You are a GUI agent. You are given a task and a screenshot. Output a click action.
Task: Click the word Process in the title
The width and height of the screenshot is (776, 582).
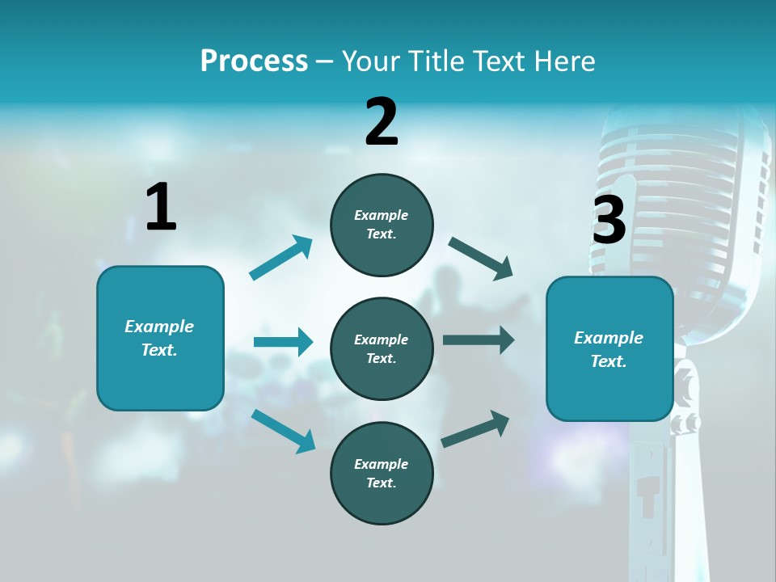coord(254,61)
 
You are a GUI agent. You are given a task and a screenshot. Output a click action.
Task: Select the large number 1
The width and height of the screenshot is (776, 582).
coord(161,207)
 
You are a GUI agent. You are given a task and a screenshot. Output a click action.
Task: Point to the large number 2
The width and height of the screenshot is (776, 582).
coord(382,122)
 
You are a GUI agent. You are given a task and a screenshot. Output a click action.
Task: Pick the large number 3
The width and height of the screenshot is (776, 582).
coord(609,220)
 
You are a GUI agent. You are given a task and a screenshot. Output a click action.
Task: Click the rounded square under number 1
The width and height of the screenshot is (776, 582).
coord(160,338)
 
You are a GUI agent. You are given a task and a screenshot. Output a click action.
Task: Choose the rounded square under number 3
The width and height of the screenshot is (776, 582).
coord(609,348)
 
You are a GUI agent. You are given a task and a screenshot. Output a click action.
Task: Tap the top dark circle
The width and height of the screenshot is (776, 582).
coord(382,225)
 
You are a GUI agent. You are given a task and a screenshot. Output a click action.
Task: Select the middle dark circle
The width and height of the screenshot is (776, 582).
coord(382,348)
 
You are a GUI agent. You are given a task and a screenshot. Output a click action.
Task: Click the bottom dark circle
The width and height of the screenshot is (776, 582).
coord(382,473)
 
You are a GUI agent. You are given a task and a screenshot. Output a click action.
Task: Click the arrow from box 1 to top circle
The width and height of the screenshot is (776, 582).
coord(280,258)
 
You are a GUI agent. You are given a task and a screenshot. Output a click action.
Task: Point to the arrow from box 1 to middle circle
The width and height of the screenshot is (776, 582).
coord(283,342)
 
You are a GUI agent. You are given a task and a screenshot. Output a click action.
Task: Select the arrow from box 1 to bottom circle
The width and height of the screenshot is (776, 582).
coord(283,430)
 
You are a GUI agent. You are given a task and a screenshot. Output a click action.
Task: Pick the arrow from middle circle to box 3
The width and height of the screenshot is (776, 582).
coord(479,340)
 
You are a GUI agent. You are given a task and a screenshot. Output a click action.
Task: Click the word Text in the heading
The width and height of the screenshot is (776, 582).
coord(500,61)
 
